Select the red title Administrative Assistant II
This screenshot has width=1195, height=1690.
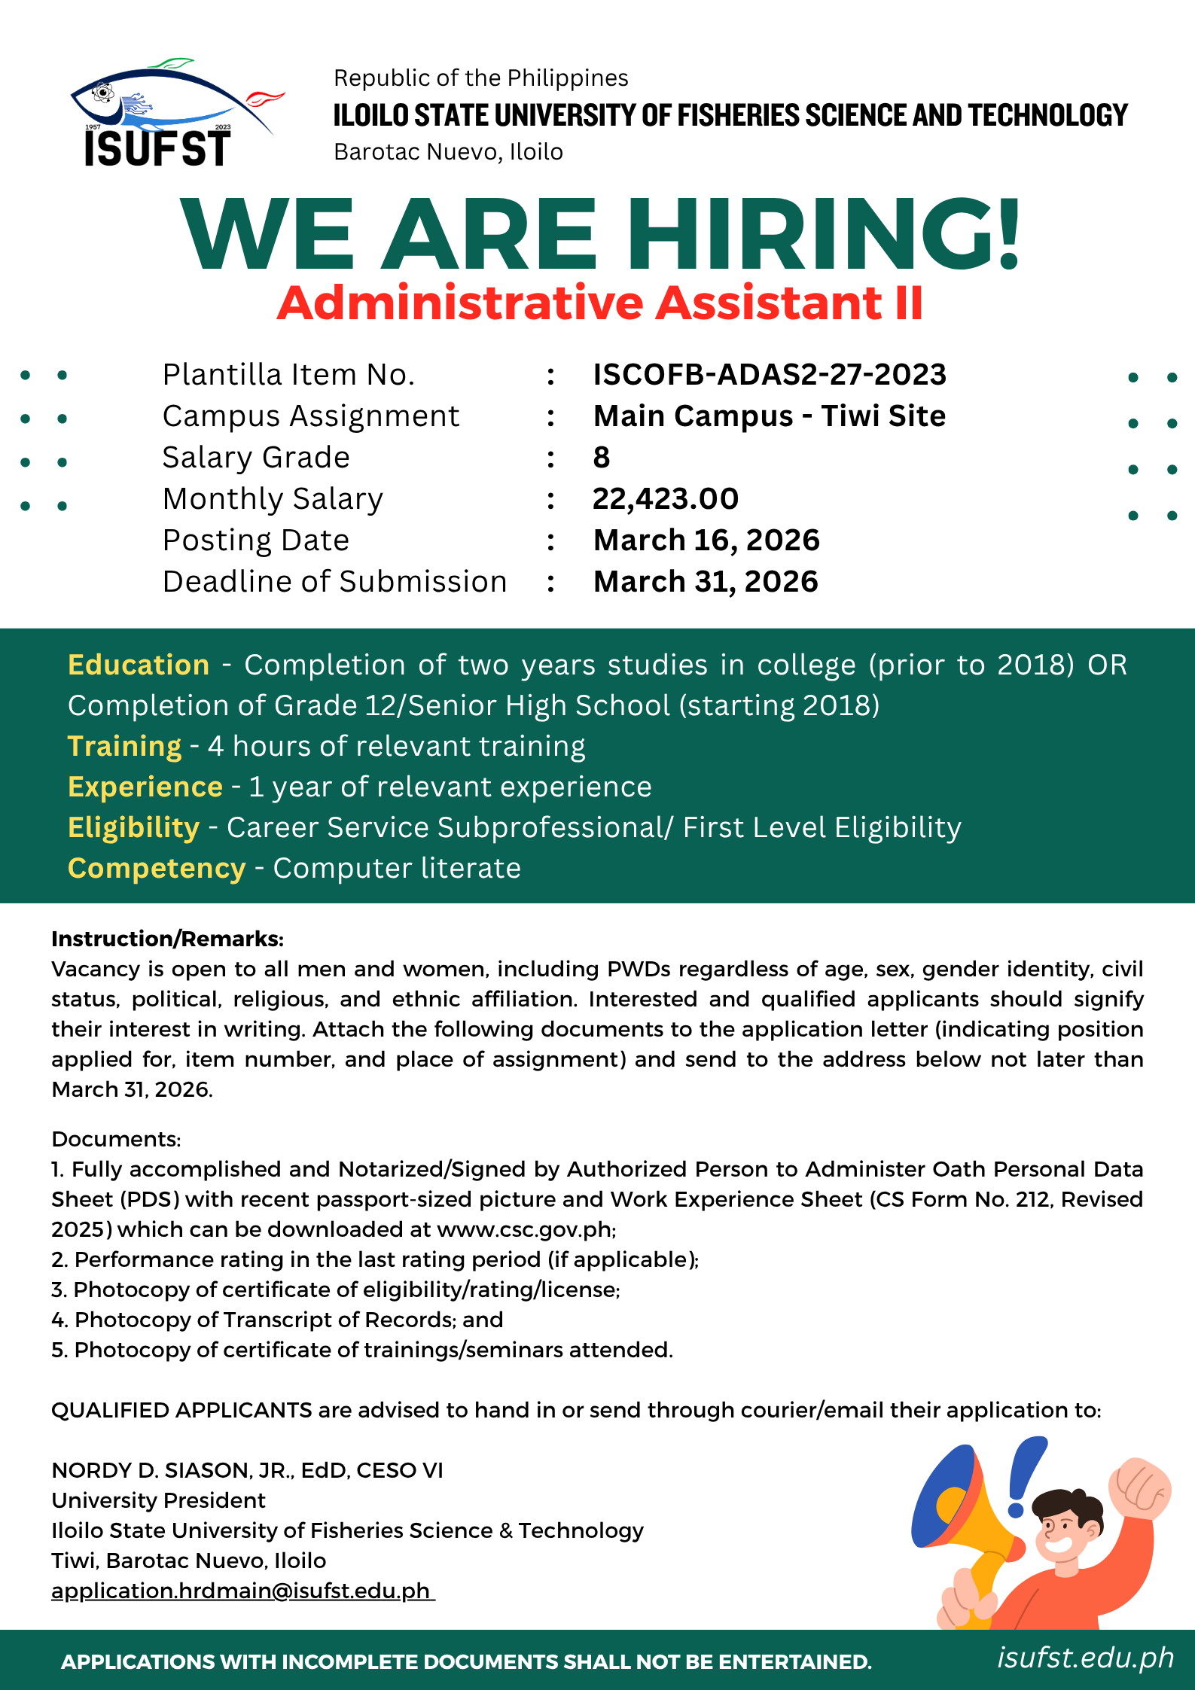pos(600,303)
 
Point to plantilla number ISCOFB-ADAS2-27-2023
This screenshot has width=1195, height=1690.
pos(769,375)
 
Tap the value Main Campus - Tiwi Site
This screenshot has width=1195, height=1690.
pos(769,416)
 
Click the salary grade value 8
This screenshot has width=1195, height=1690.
pos(601,458)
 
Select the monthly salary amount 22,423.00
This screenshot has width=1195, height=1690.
pos(666,499)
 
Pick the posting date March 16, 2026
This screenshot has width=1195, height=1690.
pos(706,540)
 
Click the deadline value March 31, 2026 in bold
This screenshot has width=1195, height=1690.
pos(706,582)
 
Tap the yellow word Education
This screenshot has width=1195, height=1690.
pos(139,665)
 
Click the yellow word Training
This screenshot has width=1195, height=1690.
pos(124,747)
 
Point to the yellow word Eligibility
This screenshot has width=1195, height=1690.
pos(133,828)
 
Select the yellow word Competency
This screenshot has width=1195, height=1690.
pos(157,869)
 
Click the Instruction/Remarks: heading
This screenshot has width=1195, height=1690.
pos(167,939)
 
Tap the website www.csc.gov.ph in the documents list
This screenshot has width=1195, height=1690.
pos(525,1229)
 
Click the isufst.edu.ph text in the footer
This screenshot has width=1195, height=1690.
pos(1085,1658)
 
